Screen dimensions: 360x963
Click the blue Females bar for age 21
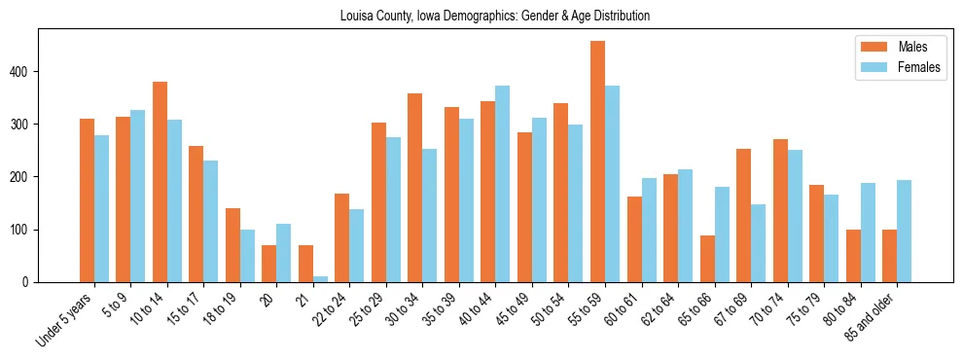point(320,279)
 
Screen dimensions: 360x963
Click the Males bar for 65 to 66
point(707,259)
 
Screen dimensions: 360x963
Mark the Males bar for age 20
point(269,264)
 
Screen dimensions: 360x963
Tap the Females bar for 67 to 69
point(758,243)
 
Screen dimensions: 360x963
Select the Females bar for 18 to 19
point(247,256)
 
